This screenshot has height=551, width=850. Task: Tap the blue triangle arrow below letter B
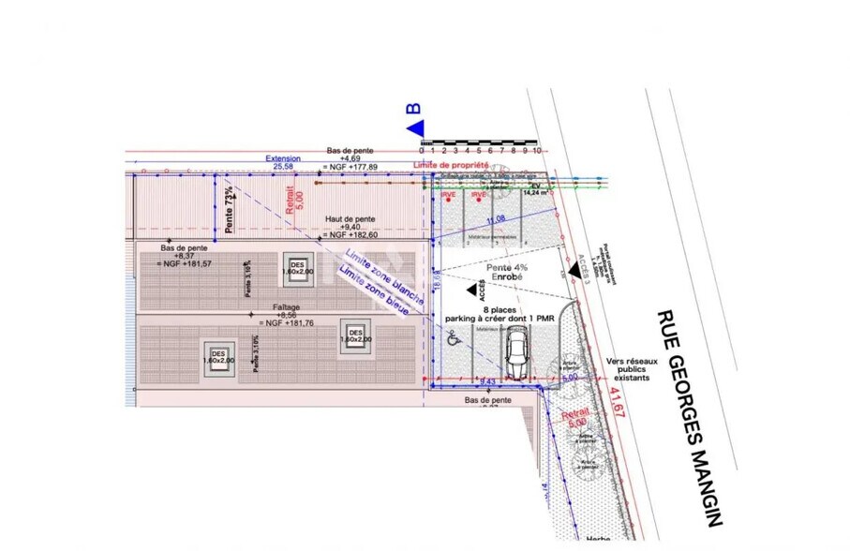[x=415, y=127]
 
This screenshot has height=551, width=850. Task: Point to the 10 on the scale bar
[x=538, y=150]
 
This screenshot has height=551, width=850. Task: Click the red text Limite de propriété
[x=452, y=165]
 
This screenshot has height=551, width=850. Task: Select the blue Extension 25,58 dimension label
[x=283, y=163]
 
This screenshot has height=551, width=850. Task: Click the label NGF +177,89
[x=350, y=168]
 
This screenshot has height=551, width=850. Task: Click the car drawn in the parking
[x=516, y=356]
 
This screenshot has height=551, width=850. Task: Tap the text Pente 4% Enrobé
[x=505, y=273]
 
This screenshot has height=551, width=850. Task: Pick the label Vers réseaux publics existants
[x=633, y=369]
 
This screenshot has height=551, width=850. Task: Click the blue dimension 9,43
[x=487, y=382]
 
